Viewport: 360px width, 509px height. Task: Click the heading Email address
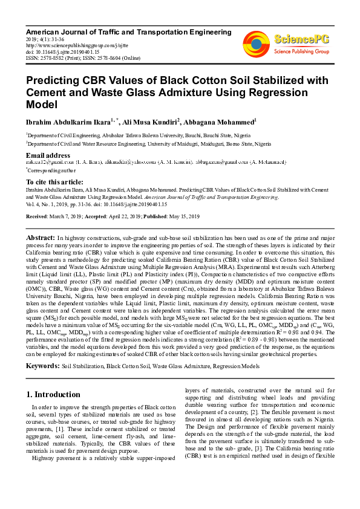[48, 155]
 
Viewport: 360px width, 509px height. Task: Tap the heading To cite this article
[56, 182]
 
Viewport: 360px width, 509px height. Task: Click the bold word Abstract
[41, 239]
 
